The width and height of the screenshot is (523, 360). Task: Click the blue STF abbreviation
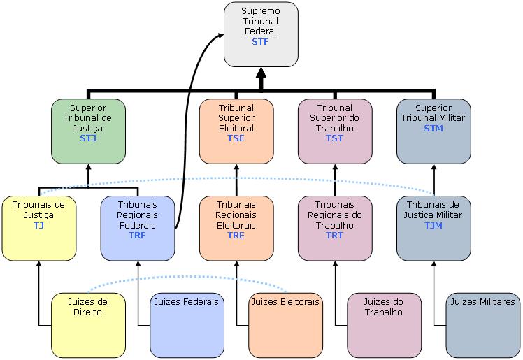(x=260, y=42)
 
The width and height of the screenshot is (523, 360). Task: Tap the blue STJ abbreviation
(x=88, y=138)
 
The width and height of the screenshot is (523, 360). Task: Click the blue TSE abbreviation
(x=236, y=138)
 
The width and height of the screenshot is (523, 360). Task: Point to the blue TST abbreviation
(x=335, y=138)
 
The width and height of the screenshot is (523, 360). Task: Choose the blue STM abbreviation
(x=434, y=129)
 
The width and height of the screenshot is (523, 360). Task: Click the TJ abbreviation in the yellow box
(x=38, y=226)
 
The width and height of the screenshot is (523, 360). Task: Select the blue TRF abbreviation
(x=138, y=236)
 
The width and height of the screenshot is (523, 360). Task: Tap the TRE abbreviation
(x=236, y=236)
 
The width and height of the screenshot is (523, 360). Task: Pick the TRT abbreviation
(x=335, y=236)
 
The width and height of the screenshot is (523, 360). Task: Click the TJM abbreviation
(x=434, y=226)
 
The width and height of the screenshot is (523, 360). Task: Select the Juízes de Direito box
(x=88, y=324)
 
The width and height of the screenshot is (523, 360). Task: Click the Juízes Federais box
(x=187, y=324)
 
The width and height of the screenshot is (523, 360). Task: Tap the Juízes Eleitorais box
(x=285, y=324)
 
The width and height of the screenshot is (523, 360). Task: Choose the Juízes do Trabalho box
(x=385, y=324)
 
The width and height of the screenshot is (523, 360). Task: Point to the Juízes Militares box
(x=483, y=324)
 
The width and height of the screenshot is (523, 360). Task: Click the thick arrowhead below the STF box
(x=261, y=74)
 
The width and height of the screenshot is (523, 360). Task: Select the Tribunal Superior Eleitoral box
(x=236, y=130)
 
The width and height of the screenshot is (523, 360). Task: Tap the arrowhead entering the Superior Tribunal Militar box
(x=434, y=168)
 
